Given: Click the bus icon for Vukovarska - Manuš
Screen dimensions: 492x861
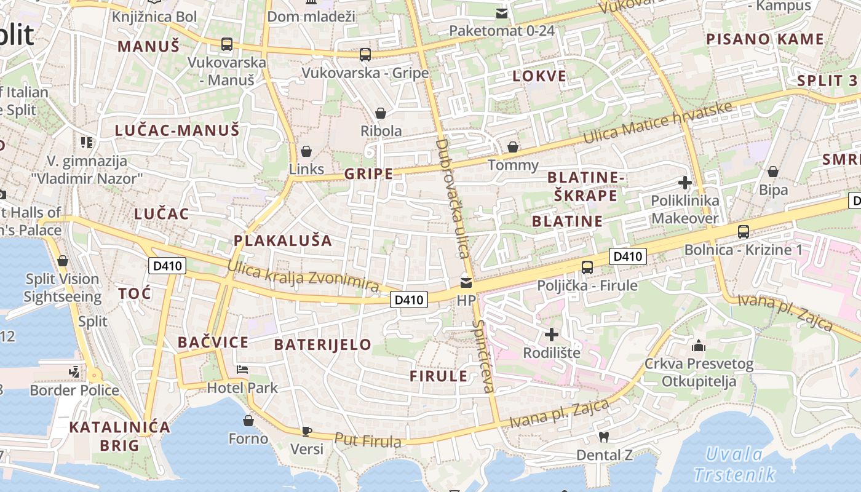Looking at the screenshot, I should pyautogui.click(x=227, y=44).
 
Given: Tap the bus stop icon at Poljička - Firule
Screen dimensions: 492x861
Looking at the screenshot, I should pyautogui.click(x=587, y=267).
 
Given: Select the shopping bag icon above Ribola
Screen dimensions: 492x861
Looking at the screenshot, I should pyautogui.click(x=381, y=113).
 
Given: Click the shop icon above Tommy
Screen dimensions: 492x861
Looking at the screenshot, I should pyautogui.click(x=512, y=147).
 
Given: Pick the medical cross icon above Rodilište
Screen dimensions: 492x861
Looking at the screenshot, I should pyautogui.click(x=552, y=335).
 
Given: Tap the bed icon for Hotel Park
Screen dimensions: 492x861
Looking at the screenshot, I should pyautogui.click(x=242, y=370).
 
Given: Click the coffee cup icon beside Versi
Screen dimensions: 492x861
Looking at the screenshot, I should pyautogui.click(x=306, y=430).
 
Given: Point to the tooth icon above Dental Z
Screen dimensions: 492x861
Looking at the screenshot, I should pyautogui.click(x=604, y=436).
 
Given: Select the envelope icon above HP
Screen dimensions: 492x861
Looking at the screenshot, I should pyautogui.click(x=466, y=283).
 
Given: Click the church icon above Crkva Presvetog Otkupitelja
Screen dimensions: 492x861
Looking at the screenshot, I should pyautogui.click(x=699, y=346).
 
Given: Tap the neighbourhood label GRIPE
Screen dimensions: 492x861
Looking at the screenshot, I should pyautogui.click(x=368, y=174).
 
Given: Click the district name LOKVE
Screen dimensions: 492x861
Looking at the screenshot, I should pyautogui.click(x=539, y=76).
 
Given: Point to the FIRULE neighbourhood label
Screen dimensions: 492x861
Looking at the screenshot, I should pyautogui.click(x=438, y=376).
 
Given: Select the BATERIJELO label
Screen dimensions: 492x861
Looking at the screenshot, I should pyautogui.click(x=323, y=344).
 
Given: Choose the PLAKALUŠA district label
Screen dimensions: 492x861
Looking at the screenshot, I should pyautogui.click(x=283, y=240).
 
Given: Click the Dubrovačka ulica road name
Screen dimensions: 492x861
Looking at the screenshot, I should pyautogui.click(x=452, y=198).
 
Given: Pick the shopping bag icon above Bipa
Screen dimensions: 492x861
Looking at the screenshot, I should pyautogui.click(x=773, y=172).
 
